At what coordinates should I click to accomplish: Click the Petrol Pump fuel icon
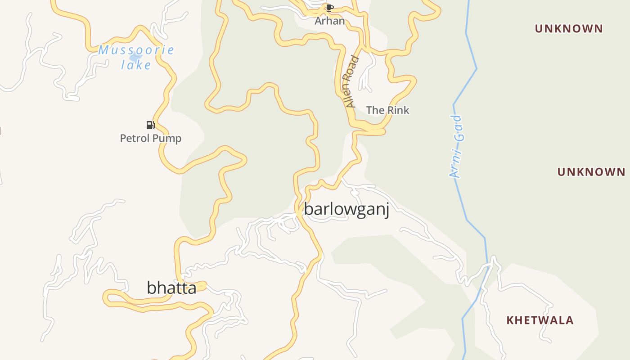(150, 125)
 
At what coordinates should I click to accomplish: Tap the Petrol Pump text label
(151, 138)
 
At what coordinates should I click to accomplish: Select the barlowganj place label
(346, 209)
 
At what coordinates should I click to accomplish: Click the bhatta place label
(171, 288)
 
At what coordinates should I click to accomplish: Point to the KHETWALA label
(540, 320)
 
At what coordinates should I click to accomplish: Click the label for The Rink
(387, 110)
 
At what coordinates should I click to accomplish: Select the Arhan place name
(329, 21)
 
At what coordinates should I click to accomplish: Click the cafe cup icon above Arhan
(330, 8)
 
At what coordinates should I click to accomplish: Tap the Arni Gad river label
(456, 147)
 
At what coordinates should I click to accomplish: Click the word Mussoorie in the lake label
(136, 50)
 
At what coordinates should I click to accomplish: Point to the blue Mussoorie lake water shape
(135, 58)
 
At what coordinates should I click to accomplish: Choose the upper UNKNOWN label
(569, 29)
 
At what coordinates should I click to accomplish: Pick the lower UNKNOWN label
(591, 172)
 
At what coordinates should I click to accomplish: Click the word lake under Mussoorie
(136, 65)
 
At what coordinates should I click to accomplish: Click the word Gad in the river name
(458, 129)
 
